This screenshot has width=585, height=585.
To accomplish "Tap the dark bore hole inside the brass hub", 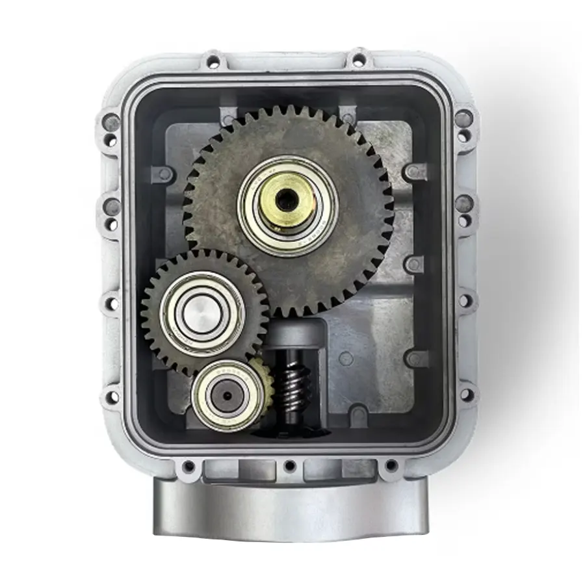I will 287,200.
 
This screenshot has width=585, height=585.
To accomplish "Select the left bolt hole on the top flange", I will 213,62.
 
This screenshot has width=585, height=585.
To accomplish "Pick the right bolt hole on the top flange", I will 358,60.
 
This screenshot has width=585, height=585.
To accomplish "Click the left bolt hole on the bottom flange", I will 188,466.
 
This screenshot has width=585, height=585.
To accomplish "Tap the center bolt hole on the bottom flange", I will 290,465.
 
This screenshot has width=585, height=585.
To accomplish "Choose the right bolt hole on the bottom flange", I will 391,465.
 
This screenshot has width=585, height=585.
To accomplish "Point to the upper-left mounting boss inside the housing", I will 162,174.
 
